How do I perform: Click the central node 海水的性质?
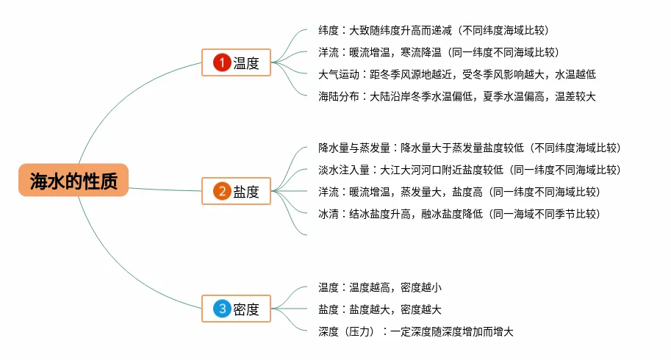[x=73, y=181]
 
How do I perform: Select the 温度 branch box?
[x=237, y=63]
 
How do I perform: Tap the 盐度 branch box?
[x=237, y=192]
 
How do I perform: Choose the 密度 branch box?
[x=237, y=309]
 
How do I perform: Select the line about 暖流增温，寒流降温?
[x=438, y=52]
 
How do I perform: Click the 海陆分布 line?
[x=456, y=96]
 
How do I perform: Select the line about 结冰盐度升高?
[x=459, y=214]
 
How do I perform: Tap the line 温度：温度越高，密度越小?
[x=379, y=287]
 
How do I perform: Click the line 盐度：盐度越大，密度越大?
[x=379, y=309]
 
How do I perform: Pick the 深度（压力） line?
[x=415, y=331]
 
